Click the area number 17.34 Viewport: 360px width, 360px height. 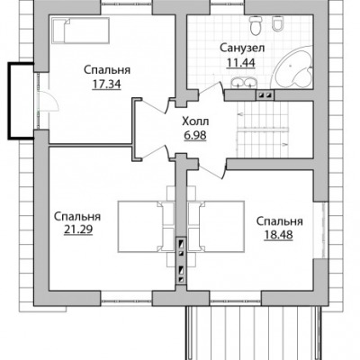tap(106, 85)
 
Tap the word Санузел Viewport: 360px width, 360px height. tap(242, 48)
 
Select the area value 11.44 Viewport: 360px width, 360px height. tap(241, 62)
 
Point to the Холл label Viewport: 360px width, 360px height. tap(195, 121)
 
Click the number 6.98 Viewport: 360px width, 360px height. tap(195, 135)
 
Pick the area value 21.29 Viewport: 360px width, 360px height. tap(78, 229)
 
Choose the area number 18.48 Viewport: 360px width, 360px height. tap(278, 235)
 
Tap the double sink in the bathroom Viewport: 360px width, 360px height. tap(244, 83)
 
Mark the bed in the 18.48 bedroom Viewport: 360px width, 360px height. tap(216, 227)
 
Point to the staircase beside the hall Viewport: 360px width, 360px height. tap(263, 129)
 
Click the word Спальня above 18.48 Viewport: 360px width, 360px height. tap(280, 221)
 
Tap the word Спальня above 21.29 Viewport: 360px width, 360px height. tap(77, 216)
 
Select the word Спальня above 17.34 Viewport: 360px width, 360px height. tap(107, 70)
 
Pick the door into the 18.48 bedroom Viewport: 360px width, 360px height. tap(212, 171)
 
